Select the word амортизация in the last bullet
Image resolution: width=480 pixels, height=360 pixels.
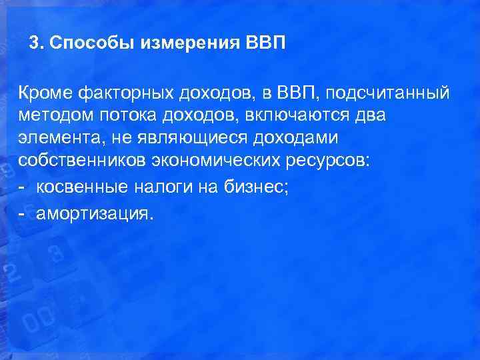click(95, 213)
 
